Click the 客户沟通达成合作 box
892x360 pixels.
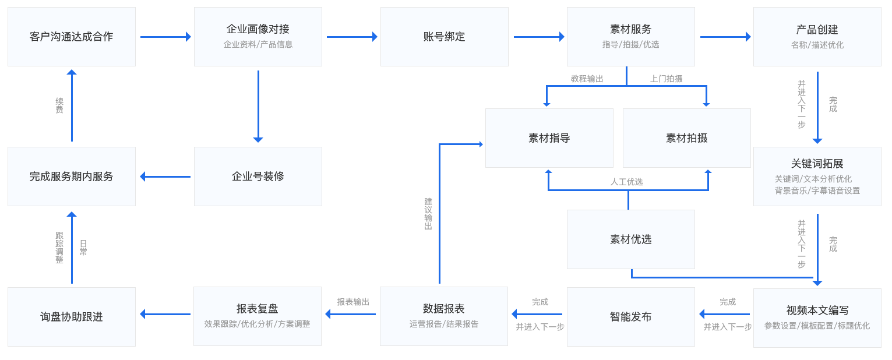(x=71, y=37)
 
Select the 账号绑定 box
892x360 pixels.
(x=444, y=37)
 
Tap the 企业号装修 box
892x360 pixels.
(x=258, y=177)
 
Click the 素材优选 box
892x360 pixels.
(x=630, y=239)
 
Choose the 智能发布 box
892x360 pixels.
(x=630, y=317)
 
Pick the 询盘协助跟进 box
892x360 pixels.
(x=71, y=317)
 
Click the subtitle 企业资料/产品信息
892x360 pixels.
(x=258, y=44)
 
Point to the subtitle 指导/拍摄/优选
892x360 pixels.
(x=630, y=44)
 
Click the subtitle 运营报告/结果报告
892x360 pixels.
(x=443, y=324)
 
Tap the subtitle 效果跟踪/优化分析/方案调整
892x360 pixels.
(x=257, y=324)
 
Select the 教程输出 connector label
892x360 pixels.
(x=587, y=79)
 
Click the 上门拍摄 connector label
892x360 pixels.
(x=666, y=79)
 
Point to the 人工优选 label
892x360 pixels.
(x=626, y=182)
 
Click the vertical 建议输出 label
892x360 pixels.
(x=428, y=214)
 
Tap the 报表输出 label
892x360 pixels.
(x=353, y=302)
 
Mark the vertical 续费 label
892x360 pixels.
(x=59, y=105)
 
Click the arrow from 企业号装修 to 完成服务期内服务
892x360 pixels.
(x=165, y=177)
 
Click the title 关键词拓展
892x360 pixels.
(x=817, y=164)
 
